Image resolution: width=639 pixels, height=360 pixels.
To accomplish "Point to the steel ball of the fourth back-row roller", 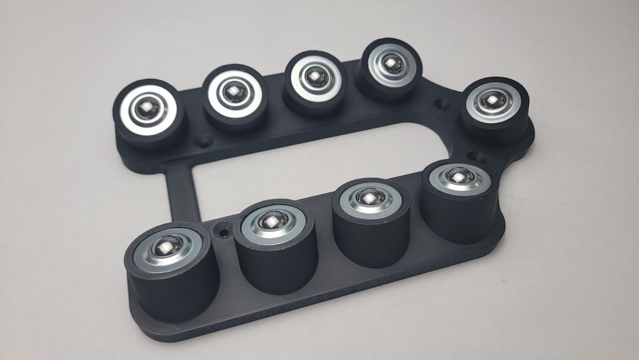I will coord(389,62).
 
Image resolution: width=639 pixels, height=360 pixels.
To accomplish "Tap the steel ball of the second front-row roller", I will coord(272,221).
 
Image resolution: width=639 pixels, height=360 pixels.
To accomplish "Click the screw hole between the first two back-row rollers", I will coord(204,141).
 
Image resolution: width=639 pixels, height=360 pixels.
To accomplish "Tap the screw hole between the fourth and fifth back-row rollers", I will coord(441,102).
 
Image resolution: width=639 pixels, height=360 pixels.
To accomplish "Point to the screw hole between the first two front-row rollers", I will coord(223,227).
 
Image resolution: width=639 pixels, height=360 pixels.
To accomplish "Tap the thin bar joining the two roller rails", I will coord(180,192).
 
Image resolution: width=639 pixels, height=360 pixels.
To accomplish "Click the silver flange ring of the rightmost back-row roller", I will coord(475,110).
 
